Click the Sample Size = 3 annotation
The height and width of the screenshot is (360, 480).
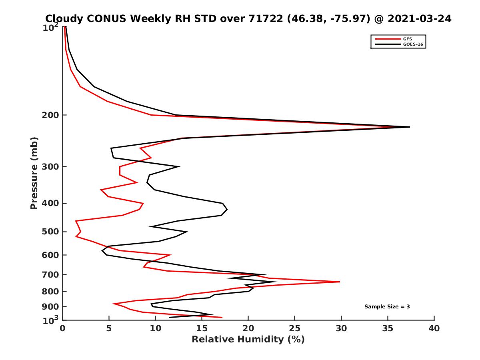pyautogui.click(x=387, y=307)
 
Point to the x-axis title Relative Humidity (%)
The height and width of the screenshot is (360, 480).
pyautogui.click(x=248, y=340)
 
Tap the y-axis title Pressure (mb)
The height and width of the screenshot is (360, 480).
pyautogui.click(x=34, y=173)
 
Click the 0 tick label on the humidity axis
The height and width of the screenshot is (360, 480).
pyautogui.click(x=63, y=329)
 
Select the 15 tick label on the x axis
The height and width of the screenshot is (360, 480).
pyautogui.click(x=202, y=329)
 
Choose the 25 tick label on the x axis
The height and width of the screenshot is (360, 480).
pyautogui.click(x=295, y=329)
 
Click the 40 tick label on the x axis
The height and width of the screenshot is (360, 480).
pyautogui.click(x=434, y=329)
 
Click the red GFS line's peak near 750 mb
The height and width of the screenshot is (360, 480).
pyautogui.click(x=340, y=282)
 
